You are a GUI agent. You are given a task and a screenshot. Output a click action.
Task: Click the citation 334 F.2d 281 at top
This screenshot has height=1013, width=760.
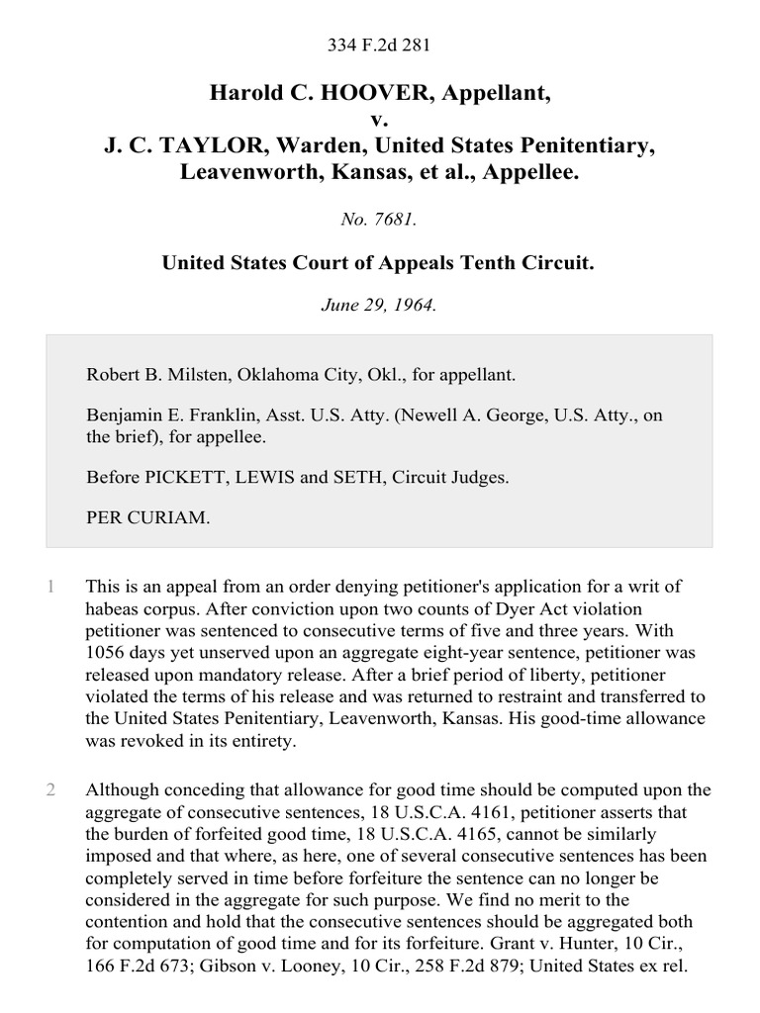tap(379, 45)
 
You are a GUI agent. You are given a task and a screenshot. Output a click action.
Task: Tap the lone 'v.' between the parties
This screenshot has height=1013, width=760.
tap(379, 120)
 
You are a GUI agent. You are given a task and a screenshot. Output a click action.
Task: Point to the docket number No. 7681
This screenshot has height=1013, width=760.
tap(379, 220)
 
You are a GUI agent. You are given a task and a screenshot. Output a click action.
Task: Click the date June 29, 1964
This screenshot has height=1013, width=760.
tap(379, 305)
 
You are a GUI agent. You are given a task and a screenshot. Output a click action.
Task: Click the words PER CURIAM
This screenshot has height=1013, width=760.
tap(148, 517)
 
